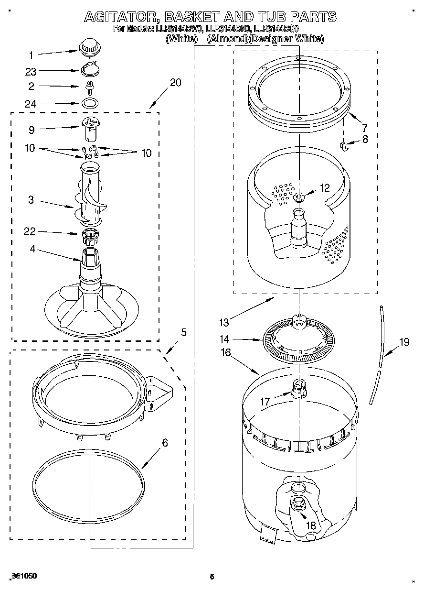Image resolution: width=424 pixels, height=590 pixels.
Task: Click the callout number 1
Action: tap(31, 55)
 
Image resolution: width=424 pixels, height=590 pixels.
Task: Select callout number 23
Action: tap(31, 71)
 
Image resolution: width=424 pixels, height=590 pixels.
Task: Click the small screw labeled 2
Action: tap(89, 87)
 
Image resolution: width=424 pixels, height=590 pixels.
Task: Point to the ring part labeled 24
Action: tap(89, 102)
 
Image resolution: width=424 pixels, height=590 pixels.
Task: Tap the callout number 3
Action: tap(31, 200)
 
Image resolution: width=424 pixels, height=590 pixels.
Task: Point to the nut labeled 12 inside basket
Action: tap(299, 196)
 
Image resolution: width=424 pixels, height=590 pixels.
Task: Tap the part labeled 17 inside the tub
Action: tap(298, 387)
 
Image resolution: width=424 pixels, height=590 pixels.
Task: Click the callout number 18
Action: tap(310, 525)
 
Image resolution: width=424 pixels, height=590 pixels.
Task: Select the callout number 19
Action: tap(404, 341)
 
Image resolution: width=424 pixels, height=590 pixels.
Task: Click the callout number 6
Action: tap(165, 443)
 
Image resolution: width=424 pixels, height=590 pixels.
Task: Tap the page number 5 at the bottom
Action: tap(212, 576)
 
